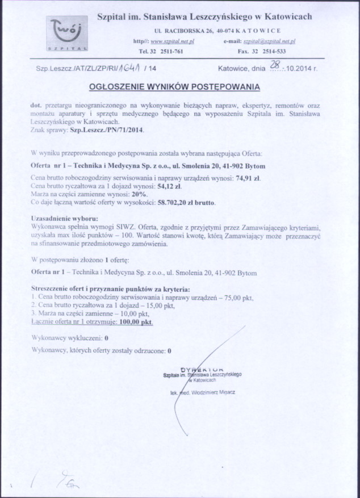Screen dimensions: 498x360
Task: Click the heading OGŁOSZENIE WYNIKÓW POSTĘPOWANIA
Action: (x=175, y=87)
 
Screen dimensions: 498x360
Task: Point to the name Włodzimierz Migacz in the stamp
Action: (x=215, y=392)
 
